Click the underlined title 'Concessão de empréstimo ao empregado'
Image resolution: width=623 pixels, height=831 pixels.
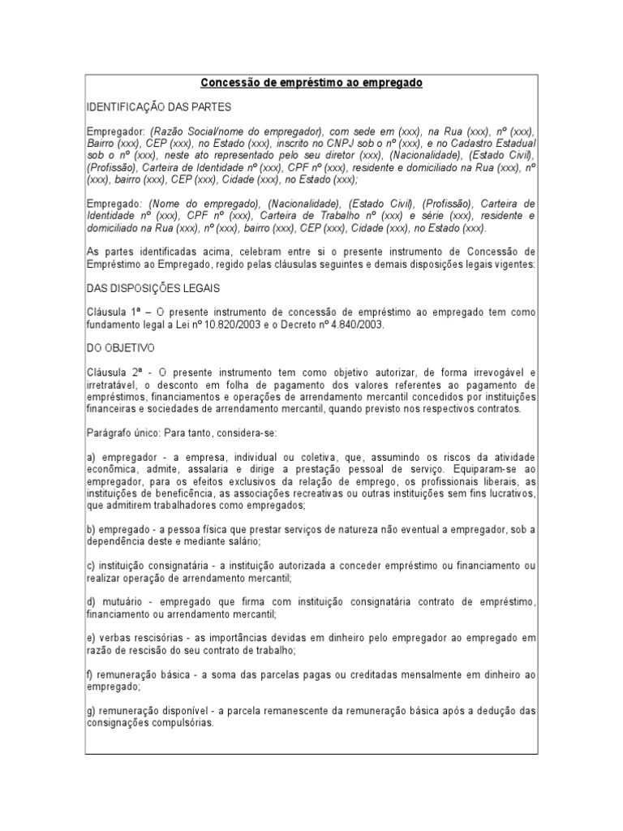pos(311,84)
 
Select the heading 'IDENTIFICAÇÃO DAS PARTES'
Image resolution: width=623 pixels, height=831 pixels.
pos(159,107)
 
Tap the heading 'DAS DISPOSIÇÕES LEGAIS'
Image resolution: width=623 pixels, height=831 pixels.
pos(154,288)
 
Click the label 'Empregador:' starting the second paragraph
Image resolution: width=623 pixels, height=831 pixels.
pos(116,131)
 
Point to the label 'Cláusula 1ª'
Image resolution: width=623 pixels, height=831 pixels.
pos(114,312)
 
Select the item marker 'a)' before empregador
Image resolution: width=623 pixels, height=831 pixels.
pos(91,457)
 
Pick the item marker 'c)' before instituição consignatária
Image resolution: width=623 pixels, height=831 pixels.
pos(91,566)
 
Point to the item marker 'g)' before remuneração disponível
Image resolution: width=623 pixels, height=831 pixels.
pos(91,710)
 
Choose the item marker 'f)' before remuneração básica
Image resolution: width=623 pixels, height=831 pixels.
pos(90,674)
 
